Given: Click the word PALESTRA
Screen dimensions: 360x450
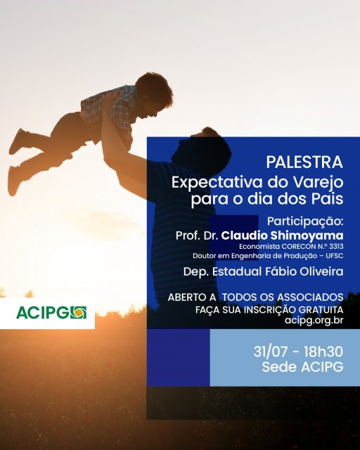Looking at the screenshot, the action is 304,162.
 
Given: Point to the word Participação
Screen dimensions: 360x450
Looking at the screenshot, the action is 305,221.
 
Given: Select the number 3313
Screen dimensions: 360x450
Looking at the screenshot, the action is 336,247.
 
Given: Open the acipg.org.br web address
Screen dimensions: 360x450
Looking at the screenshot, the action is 314,321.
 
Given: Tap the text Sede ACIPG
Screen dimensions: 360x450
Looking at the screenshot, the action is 302,367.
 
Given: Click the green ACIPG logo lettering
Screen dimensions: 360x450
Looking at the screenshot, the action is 43,313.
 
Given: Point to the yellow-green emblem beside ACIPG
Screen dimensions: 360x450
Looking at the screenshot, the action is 78,313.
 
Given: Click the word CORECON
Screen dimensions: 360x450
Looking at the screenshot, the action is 295,247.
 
